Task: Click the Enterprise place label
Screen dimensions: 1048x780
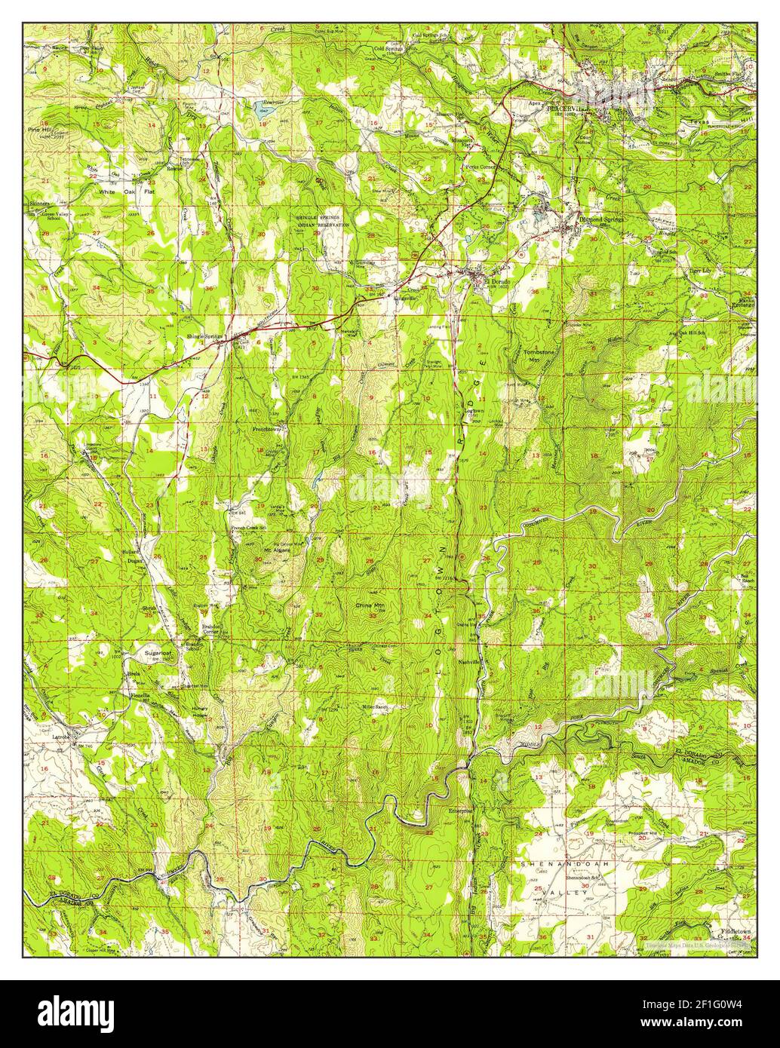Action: (460, 811)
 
